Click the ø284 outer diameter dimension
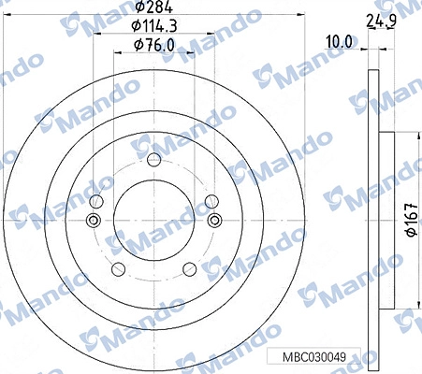[x=154, y=7]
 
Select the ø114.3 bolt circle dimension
[x=154, y=25]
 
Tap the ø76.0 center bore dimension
[x=154, y=46]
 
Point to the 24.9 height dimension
[x=382, y=22]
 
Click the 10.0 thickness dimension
[x=339, y=42]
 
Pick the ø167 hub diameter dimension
[x=412, y=220]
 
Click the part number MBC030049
[x=314, y=357]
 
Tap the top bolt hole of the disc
[x=153, y=160]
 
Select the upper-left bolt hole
[x=96, y=201]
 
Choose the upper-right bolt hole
[x=211, y=201]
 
